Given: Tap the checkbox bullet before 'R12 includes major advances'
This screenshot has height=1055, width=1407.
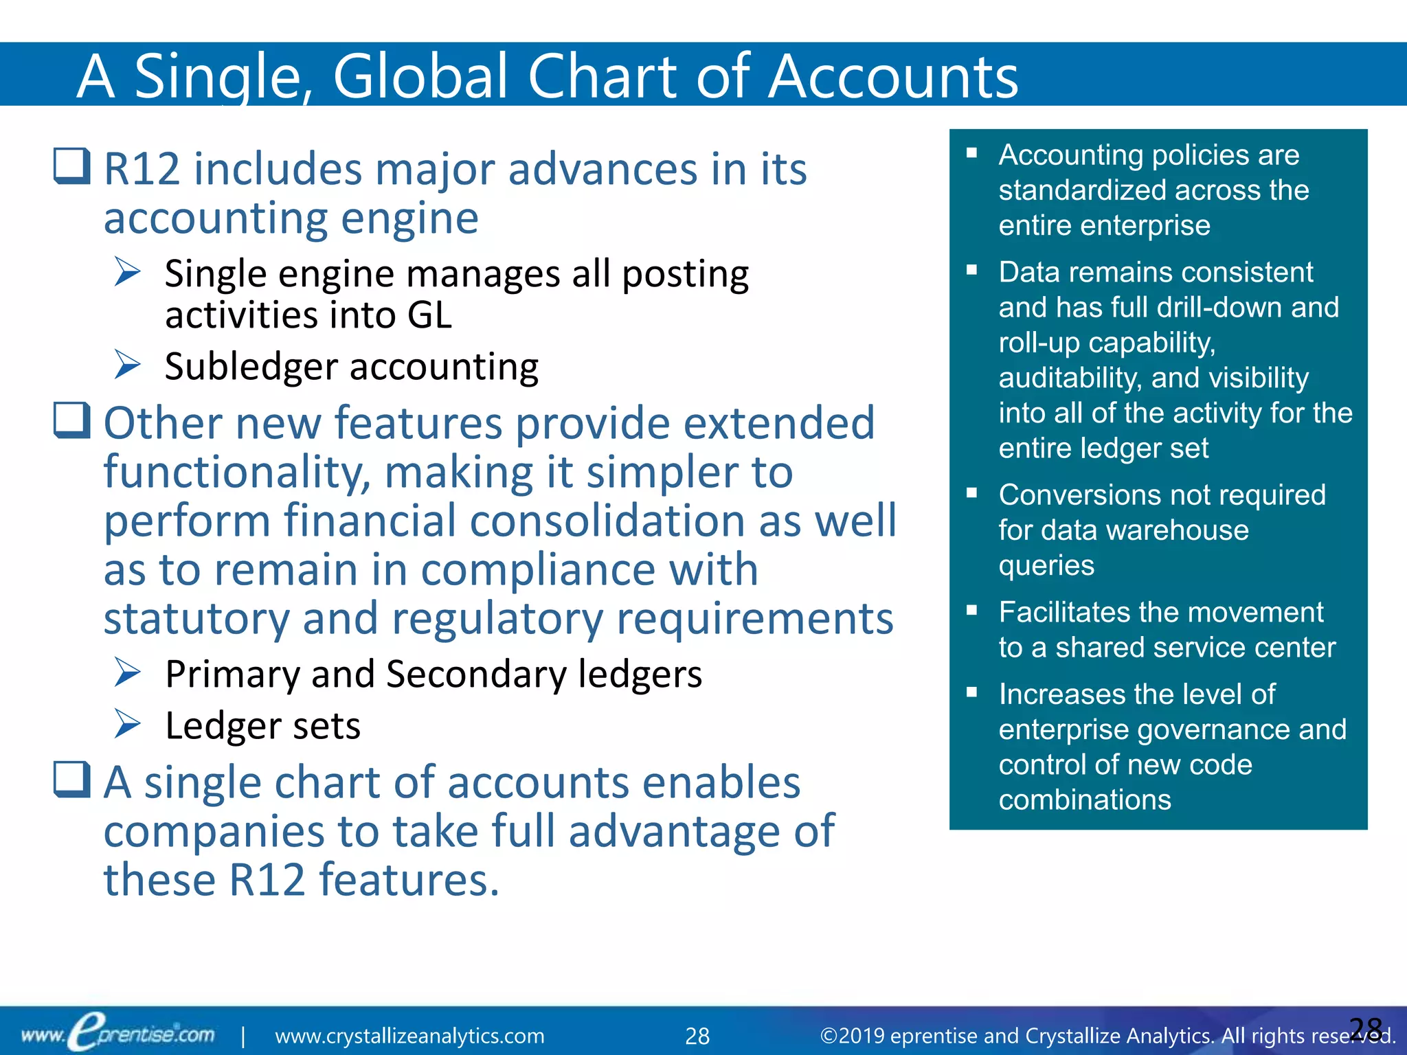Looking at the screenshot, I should pos(72,166).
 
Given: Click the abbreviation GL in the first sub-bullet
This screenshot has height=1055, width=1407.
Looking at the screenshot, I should pos(429,315).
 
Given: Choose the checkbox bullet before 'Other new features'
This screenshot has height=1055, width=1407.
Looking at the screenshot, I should pos(72,420).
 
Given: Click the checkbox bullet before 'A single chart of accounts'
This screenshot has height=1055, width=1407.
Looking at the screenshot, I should pos(72,780).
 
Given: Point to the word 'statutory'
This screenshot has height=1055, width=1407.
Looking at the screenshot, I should pos(196,618).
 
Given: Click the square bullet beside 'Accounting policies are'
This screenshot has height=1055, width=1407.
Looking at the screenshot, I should pos(971,153).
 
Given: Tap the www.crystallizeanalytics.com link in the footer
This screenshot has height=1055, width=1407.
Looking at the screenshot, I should pos(409,1036).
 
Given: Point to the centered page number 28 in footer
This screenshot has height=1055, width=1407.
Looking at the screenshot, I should pos(697,1036).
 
